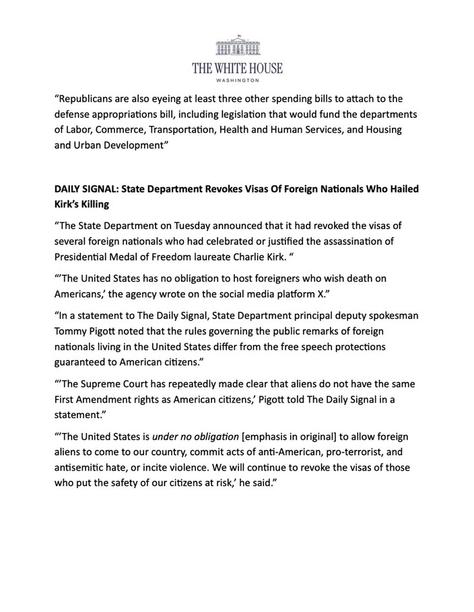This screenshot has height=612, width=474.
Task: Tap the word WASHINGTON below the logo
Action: (x=237, y=80)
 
